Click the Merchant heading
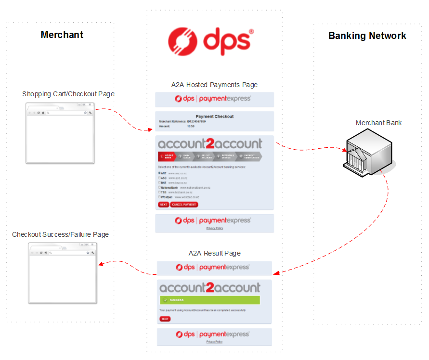click(62, 35)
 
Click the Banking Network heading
click(367, 36)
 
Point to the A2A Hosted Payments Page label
click(214, 85)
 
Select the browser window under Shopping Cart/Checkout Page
click(61, 133)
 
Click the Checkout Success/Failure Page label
click(60, 234)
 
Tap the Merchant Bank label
click(378, 123)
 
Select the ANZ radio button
click(159, 172)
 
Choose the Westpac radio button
click(159, 197)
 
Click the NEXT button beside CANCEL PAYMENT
click(163, 205)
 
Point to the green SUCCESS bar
click(209, 300)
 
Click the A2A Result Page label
click(214, 253)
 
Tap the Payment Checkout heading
click(215, 116)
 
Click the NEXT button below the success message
click(165, 319)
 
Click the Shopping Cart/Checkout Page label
click(68, 94)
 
